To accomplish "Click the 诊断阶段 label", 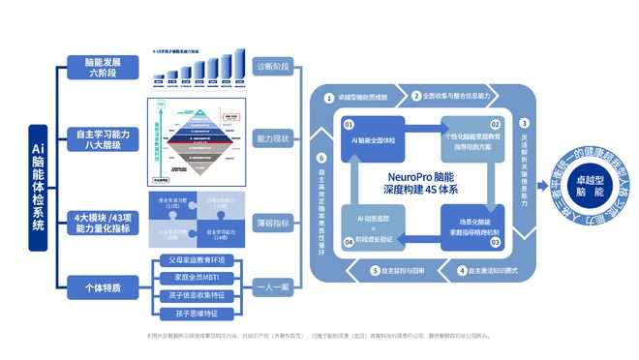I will (271, 67).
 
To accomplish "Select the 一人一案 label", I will (271, 286).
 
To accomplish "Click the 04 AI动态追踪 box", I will (373, 229).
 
